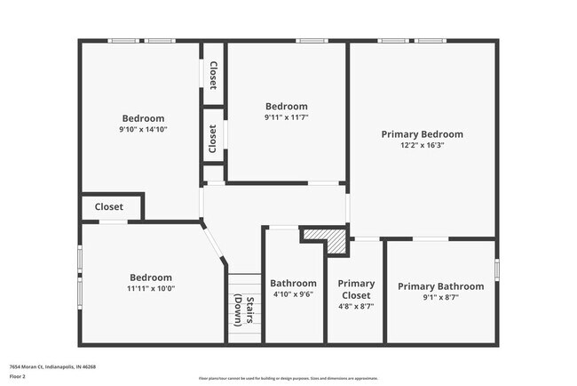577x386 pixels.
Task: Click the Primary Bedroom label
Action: pyautogui.click(x=422, y=134)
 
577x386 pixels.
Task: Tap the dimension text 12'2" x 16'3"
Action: pyautogui.click(x=422, y=145)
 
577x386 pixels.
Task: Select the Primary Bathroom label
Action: pyautogui.click(x=440, y=286)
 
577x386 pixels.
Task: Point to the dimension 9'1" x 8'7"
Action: pyautogui.click(x=440, y=297)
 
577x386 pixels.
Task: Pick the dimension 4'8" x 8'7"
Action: pyautogui.click(x=356, y=305)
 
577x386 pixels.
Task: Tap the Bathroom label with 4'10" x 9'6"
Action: pyautogui.click(x=293, y=284)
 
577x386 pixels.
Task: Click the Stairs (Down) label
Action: pyautogui.click(x=244, y=310)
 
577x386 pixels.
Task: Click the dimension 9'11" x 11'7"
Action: pyautogui.click(x=286, y=117)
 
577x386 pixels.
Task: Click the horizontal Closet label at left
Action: pyautogui.click(x=109, y=207)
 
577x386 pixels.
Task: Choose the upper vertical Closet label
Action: pyautogui.click(x=213, y=76)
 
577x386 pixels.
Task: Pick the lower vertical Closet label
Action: pyautogui.click(x=213, y=139)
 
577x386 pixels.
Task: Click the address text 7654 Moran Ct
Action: pyautogui.click(x=52, y=366)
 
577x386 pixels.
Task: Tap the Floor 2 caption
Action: pyautogui.click(x=18, y=376)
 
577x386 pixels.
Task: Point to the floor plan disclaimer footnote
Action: pyautogui.click(x=288, y=378)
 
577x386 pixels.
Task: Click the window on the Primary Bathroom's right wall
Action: pyautogui.click(x=495, y=269)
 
